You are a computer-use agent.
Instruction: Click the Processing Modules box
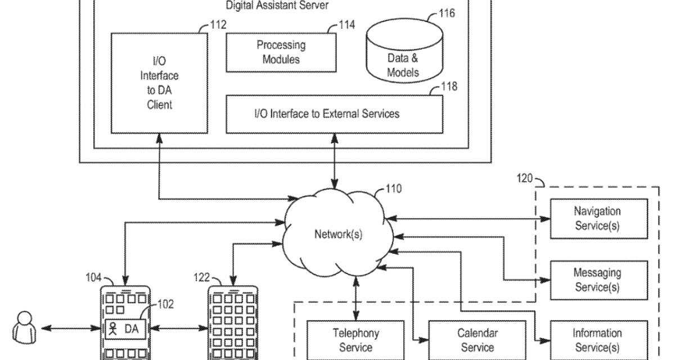click(281, 52)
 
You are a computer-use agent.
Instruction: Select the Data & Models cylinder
click(403, 59)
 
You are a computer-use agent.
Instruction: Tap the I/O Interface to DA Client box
click(159, 83)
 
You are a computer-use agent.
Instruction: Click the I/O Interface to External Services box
click(334, 114)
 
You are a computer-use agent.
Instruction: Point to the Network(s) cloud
click(337, 234)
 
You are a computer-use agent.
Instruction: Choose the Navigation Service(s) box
click(597, 219)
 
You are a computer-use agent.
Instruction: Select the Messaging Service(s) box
click(597, 280)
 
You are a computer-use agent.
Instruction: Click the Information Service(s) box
click(597, 340)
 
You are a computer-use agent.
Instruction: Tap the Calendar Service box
click(477, 340)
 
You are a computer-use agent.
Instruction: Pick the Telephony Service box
click(355, 340)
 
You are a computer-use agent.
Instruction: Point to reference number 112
click(217, 25)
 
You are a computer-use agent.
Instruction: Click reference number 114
click(346, 25)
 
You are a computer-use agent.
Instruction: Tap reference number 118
click(449, 86)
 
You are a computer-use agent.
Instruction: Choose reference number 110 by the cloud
click(393, 189)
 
